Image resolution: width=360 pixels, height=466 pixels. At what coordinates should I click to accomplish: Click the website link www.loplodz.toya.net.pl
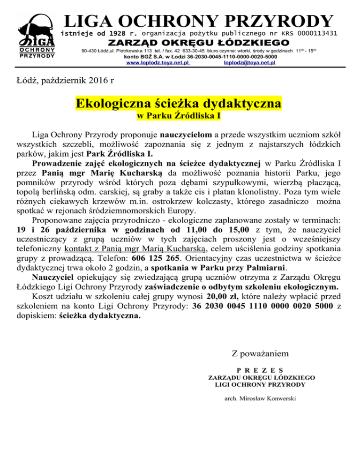pyautogui.click(x=158, y=62)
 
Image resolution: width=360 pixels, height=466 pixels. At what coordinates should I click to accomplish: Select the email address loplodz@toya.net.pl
pyautogui.click(x=250, y=62)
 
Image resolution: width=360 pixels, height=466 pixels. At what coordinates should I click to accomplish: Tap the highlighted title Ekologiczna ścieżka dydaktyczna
pyautogui.click(x=179, y=103)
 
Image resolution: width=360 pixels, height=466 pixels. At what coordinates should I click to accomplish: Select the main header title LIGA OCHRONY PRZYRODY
pyautogui.click(x=199, y=21)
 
